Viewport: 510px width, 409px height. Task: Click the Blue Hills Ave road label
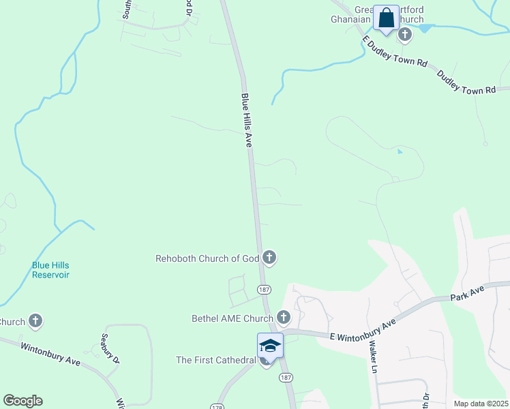click(x=247, y=121)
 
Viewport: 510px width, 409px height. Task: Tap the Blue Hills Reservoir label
click(x=50, y=270)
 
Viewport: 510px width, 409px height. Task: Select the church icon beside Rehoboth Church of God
click(x=269, y=258)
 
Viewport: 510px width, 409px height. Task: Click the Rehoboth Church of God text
click(x=208, y=258)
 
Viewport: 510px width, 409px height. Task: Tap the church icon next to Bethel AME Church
click(x=283, y=318)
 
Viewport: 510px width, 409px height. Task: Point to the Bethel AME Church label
click(x=232, y=318)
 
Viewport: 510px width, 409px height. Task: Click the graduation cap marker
click(x=270, y=346)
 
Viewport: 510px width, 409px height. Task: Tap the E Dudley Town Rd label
click(x=395, y=52)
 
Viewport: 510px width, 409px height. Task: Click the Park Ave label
click(x=466, y=297)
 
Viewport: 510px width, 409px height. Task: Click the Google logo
click(x=22, y=401)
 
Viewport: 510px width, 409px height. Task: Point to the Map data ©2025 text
click(x=481, y=404)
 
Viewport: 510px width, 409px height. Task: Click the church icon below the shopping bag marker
click(x=405, y=35)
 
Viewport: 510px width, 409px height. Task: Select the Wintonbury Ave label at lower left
click(x=50, y=353)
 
